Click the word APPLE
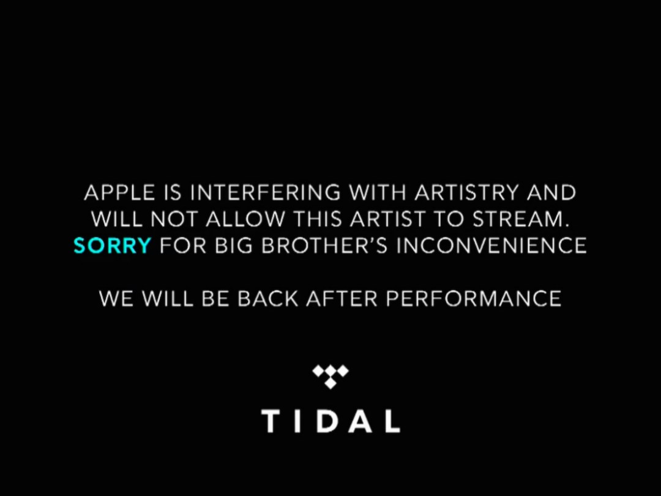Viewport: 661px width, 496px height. [119, 193]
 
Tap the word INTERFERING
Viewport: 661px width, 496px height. [265, 193]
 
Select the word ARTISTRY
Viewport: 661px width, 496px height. [466, 193]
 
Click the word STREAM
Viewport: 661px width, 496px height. [518, 219]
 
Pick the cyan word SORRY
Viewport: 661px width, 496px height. [112, 246]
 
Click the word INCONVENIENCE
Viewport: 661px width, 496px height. [491, 246]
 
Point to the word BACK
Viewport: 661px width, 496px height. [268, 299]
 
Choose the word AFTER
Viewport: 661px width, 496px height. [342, 299]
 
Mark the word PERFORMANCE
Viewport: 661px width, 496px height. [473, 299]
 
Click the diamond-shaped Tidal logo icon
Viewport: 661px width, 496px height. [330, 376]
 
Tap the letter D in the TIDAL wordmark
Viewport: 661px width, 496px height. [326, 421]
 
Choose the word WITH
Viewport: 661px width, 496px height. [377, 193]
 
